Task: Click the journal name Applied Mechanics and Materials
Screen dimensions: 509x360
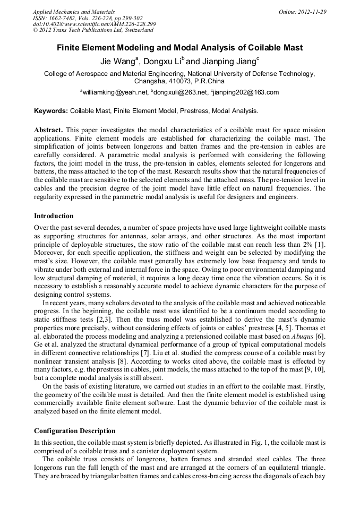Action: point(73,11)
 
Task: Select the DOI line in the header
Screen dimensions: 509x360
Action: point(94,24)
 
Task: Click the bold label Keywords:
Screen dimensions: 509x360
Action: point(51,111)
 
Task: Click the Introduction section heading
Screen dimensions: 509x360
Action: point(54,216)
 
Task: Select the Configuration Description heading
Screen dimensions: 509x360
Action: point(74,430)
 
